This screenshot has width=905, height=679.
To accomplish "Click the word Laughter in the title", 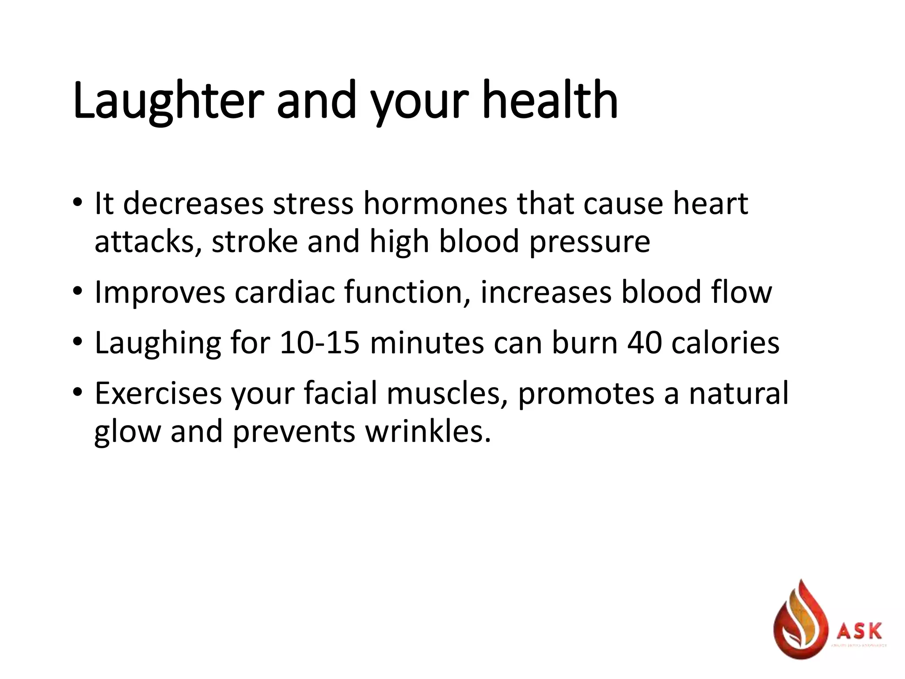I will (x=168, y=101).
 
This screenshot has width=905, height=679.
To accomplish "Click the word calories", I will (x=725, y=343).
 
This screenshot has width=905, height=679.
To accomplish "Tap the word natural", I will (x=738, y=393).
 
